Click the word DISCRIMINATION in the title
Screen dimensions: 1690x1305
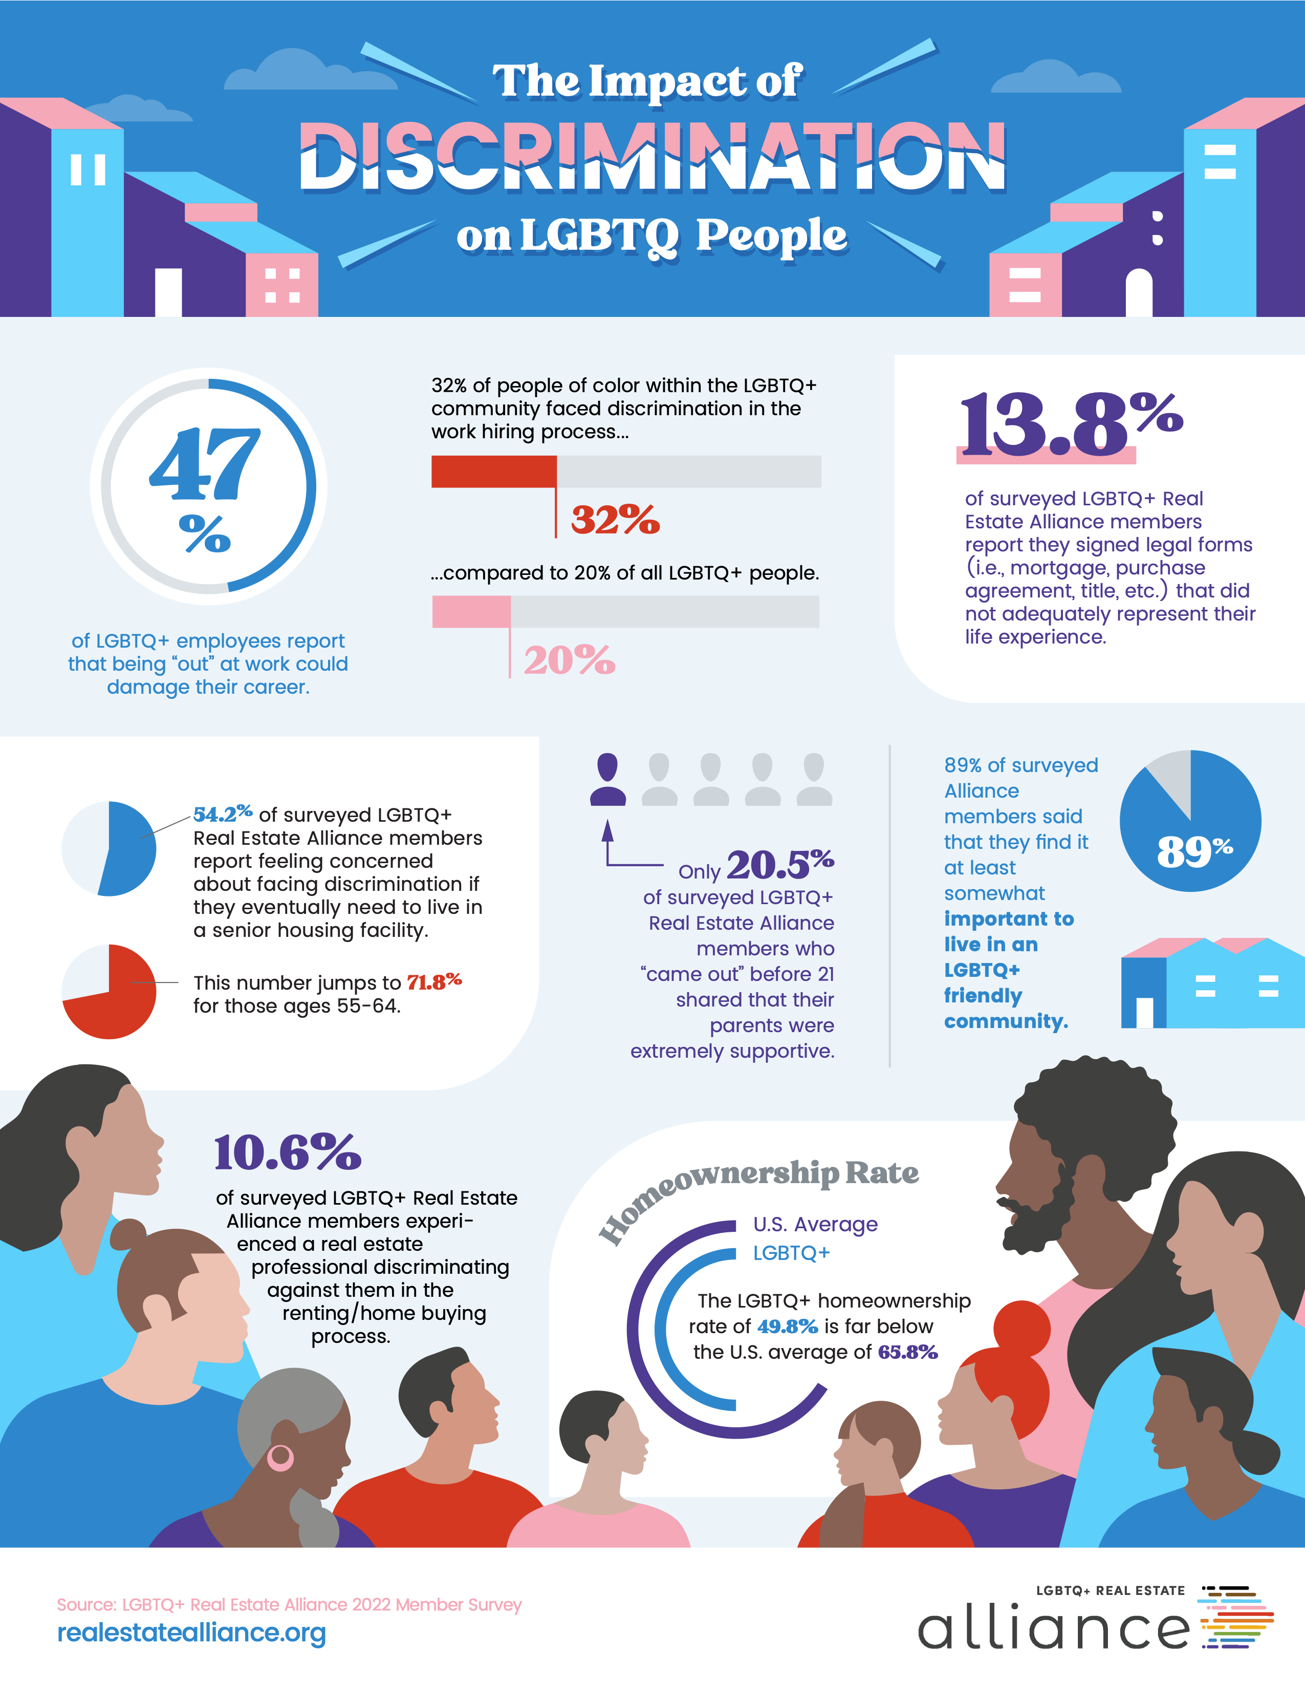652,157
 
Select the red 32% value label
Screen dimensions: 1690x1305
615,519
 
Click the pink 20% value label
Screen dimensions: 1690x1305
570,660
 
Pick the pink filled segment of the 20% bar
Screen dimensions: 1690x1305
471,611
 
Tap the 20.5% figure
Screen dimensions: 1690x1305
780,864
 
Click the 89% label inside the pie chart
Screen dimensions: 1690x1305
1193,851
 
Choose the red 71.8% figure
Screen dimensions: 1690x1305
434,982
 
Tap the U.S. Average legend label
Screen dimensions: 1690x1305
815,1224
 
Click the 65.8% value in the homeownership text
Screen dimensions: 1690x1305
907,1352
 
